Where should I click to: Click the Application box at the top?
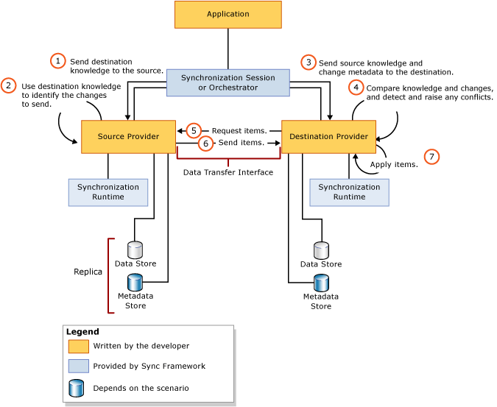point(228,15)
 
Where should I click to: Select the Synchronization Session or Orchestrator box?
point(228,82)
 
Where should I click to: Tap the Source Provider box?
point(128,137)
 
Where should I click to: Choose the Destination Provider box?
point(328,137)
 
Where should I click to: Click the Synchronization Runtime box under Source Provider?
point(107,192)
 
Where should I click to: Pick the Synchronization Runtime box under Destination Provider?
point(349,192)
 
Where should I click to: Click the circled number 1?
point(58,61)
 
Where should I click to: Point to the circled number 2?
point(9,85)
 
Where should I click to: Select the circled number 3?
point(309,63)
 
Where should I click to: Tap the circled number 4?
point(356,88)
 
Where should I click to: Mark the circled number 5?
point(194,130)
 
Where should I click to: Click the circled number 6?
point(206,143)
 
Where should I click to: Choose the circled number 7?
point(431,156)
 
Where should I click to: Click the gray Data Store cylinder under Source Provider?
point(135,249)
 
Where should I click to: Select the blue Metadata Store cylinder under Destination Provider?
point(321,283)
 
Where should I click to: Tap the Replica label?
point(88,272)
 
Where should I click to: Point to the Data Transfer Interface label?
point(228,172)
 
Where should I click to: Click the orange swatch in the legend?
point(78,346)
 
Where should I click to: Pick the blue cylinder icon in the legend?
point(77,388)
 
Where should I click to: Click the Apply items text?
point(394,165)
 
